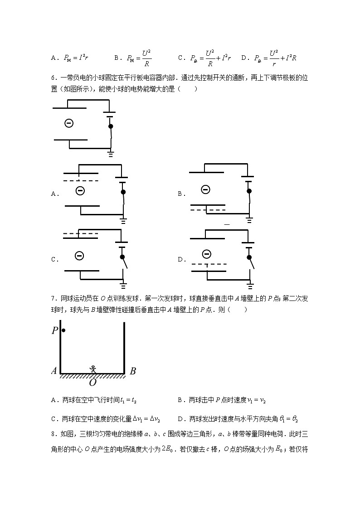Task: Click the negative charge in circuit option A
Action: click(x=80, y=191)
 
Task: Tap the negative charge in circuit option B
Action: click(x=205, y=189)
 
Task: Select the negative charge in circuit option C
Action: click(x=79, y=256)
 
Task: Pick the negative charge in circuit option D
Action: click(x=206, y=254)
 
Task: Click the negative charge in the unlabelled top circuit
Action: click(x=68, y=123)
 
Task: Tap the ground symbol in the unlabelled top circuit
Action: click(x=111, y=154)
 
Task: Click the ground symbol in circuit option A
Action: click(x=123, y=220)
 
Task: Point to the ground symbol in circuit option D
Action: click(x=250, y=285)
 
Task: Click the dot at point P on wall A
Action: click(x=63, y=330)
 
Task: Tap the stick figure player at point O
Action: click(x=93, y=369)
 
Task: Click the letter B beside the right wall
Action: click(x=133, y=371)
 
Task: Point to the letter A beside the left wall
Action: click(x=54, y=371)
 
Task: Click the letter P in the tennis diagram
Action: click(x=55, y=330)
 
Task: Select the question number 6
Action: click(x=53, y=78)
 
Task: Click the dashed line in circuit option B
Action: click(x=208, y=210)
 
